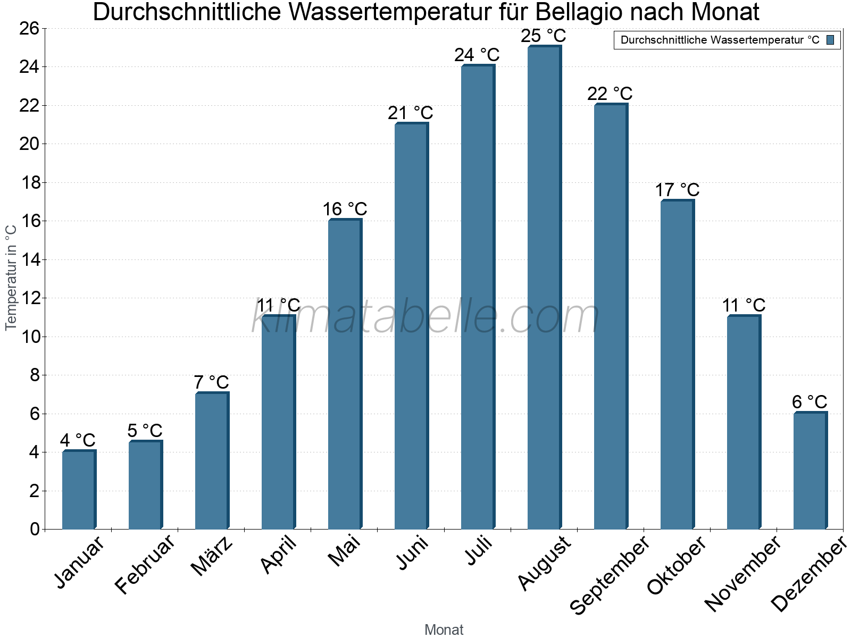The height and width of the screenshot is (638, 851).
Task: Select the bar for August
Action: (544, 287)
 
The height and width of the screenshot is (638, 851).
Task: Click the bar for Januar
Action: (79, 490)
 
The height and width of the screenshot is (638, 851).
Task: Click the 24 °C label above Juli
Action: (477, 55)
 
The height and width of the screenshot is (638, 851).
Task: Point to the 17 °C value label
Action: (677, 190)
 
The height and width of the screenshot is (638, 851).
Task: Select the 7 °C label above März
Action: (211, 382)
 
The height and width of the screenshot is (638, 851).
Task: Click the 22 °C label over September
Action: (610, 94)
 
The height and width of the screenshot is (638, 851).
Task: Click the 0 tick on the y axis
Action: (35, 529)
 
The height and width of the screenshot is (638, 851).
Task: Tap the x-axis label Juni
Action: (412, 552)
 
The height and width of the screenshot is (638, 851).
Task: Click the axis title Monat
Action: (444, 630)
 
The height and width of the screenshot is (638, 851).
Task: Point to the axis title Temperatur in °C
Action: (11, 278)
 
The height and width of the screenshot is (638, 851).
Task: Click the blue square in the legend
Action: (830, 40)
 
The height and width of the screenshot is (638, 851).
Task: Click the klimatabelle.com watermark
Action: (425, 317)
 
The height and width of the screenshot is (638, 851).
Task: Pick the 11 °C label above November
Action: (743, 306)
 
